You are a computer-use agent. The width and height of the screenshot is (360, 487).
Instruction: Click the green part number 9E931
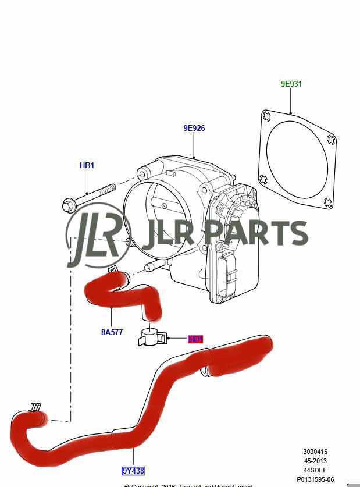click(291, 84)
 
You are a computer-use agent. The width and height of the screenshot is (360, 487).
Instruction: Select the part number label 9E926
click(194, 128)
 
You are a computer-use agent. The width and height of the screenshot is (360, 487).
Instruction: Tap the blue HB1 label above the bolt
click(87, 166)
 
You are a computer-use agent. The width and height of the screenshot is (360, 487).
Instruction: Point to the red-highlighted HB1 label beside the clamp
click(195, 339)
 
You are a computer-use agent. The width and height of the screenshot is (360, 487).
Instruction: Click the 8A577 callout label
click(112, 333)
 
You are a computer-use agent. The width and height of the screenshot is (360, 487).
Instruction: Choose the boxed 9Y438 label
click(133, 471)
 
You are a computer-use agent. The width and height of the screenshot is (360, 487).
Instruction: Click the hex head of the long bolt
click(68, 205)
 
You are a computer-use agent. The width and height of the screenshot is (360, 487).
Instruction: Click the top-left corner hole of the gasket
click(266, 116)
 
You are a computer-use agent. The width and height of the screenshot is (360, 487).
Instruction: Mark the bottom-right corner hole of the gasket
click(328, 203)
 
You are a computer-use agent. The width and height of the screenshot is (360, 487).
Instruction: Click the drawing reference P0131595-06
click(315, 479)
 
